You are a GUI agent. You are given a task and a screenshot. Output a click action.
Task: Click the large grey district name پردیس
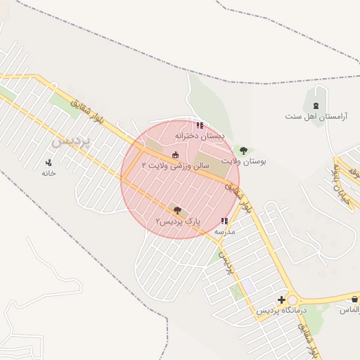click(72, 139)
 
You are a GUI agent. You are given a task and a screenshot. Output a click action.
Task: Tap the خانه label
click(49, 172)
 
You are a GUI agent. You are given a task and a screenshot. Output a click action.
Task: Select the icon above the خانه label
click(49, 162)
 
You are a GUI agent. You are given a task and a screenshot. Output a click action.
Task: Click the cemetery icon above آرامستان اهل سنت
click(316, 105)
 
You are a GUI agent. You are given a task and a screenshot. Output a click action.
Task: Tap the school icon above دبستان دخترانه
click(200, 125)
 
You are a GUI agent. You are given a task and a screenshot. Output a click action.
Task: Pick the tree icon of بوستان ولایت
click(243, 150)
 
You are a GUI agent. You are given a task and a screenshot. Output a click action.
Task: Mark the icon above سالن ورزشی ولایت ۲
click(175, 155)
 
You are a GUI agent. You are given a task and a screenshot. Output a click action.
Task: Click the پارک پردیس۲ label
click(178, 221)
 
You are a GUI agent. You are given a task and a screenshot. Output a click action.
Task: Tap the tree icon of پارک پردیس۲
click(176, 210)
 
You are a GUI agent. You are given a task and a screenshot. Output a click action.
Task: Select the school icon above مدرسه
click(224, 221)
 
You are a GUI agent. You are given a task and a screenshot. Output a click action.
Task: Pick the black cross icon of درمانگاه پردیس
click(281, 300)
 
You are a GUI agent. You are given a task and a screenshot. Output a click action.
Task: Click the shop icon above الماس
click(354, 300)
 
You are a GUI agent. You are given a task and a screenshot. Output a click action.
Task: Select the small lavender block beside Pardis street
click(247, 287)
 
